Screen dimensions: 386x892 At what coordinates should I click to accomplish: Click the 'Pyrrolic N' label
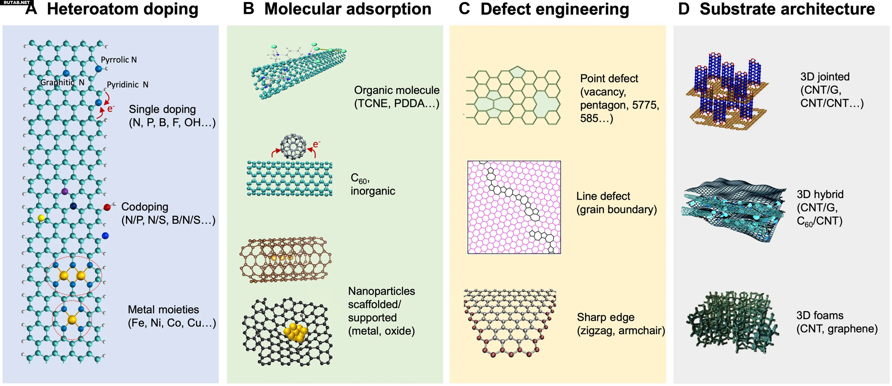coord(119,59)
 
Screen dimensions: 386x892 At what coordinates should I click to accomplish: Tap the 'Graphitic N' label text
coord(62,82)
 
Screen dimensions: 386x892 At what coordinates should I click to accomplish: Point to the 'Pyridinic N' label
coord(127,85)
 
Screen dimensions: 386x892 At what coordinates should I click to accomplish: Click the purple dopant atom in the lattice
coord(64,191)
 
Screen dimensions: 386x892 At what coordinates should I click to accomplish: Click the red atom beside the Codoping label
coord(107,207)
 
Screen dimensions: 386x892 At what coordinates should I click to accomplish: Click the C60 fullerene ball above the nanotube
coord(293,146)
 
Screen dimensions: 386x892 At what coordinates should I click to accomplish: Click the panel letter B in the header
coord(249,9)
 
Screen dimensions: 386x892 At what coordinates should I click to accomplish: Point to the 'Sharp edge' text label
coord(606,317)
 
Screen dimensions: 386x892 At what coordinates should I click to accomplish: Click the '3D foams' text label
coord(820,315)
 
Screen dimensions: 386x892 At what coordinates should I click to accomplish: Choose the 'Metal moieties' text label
coord(164,309)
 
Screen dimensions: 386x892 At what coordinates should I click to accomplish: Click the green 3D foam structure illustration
coord(732,322)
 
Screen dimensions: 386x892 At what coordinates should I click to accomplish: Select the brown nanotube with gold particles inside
coord(286,260)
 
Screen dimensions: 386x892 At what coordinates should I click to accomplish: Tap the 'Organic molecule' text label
coord(396,90)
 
